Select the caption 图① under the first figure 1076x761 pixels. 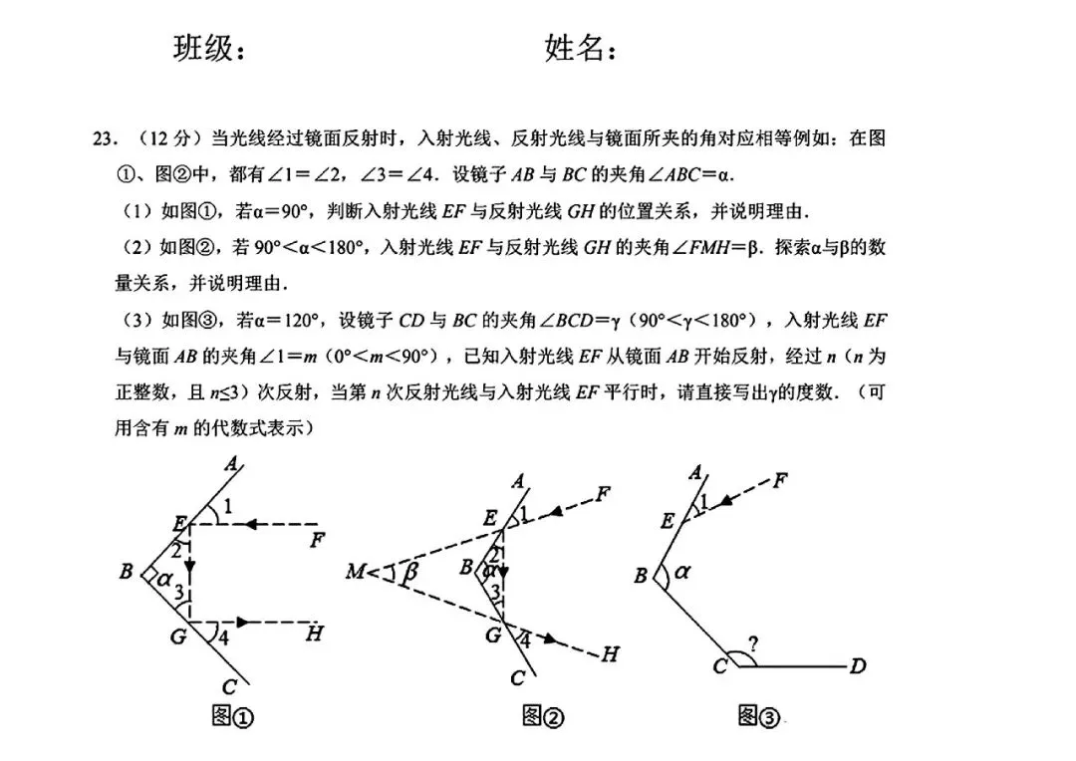[234, 716]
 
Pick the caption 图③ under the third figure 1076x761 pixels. [758, 715]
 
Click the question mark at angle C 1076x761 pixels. [754, 644]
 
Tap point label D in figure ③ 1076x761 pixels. [857, 666]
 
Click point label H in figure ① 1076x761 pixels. [314, 633]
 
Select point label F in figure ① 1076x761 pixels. [317, 541]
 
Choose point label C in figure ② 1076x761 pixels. [517, 678]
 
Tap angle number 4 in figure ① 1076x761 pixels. [223, 638]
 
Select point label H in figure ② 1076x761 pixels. [610, 653]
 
